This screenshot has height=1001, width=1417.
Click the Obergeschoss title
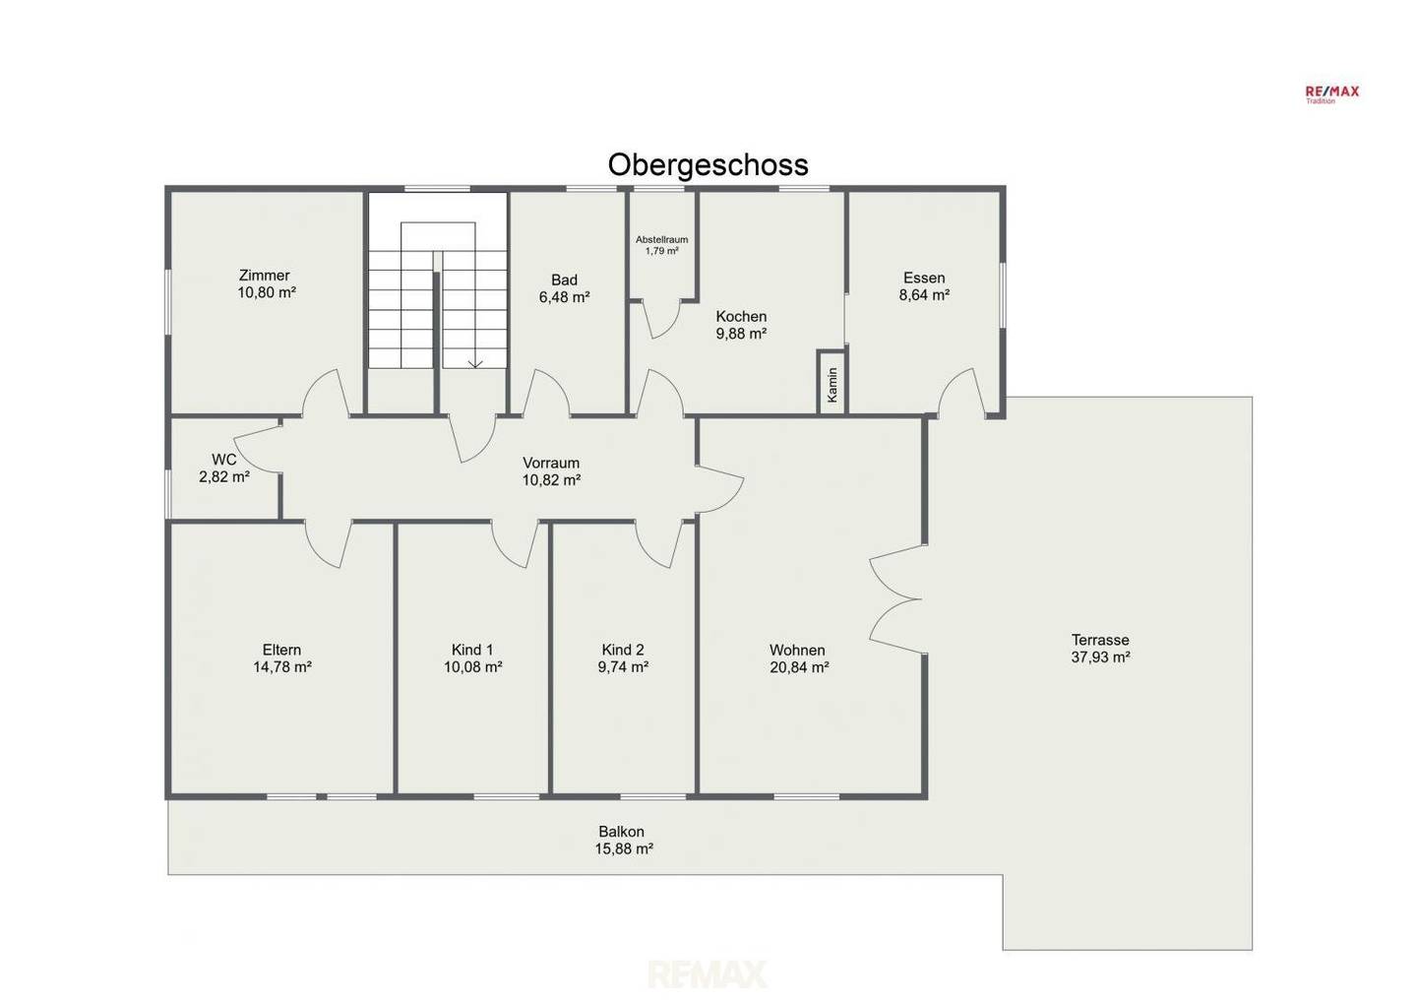(708, 165)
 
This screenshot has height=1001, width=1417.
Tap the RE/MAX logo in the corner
(1332, 94)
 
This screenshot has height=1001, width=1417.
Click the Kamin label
(832, 384)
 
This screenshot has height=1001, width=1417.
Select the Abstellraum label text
(661, 240)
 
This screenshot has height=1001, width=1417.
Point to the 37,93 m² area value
(1101, 657)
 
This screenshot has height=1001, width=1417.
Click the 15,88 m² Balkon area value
(624, 849)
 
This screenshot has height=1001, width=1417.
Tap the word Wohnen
(797, 650)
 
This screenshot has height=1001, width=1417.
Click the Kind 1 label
(472, 650)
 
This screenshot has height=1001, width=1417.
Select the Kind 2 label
(623, 650)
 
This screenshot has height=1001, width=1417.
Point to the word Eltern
(281, 650)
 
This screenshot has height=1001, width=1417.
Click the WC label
(224, 460)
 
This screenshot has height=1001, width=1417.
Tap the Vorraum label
(551, 463)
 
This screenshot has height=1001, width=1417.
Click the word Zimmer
(265, 276)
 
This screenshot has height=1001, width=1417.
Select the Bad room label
(564, 280)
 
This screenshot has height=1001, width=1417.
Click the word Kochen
(741, 316)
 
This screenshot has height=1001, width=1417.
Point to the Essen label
(924, 278)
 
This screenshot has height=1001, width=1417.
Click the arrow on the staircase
(475, 363)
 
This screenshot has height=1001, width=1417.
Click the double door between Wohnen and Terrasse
(895, 598)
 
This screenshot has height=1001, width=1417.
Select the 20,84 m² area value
(799, 667)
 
